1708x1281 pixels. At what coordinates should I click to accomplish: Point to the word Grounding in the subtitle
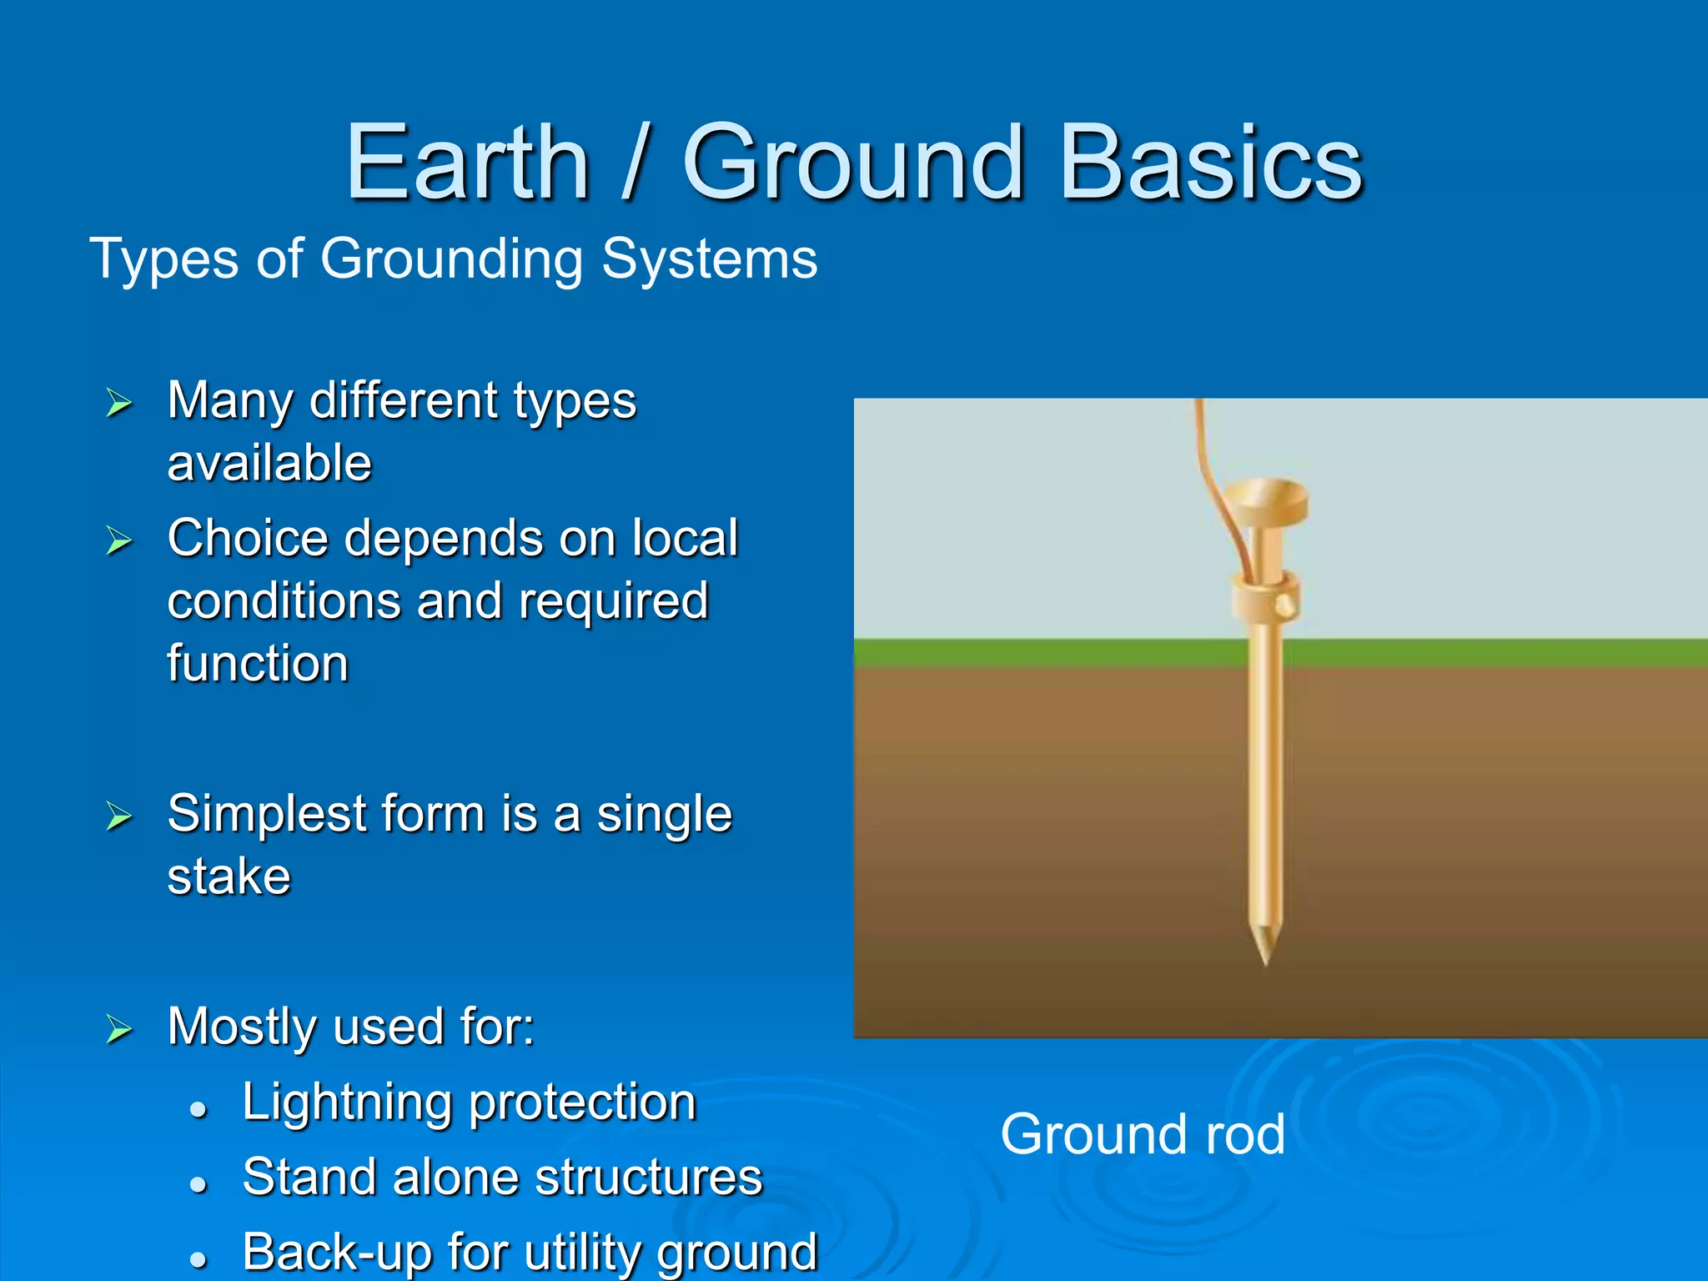(x=451, y=259)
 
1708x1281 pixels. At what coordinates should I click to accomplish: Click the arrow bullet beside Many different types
(x=119, y=403)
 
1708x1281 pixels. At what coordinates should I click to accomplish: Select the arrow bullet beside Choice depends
(x=119, y=541)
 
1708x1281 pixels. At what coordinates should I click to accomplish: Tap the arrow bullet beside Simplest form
(x=119, y=816)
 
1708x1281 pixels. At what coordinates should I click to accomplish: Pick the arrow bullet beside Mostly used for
(x=119, y=1030)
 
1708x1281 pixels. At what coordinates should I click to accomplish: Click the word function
(x=258, y=664)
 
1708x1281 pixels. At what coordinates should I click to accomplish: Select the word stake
(x=229, y=877)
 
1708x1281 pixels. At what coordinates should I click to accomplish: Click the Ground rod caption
(x=1143, y=1134)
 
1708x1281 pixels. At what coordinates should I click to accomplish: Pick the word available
(x=269, y=464)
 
